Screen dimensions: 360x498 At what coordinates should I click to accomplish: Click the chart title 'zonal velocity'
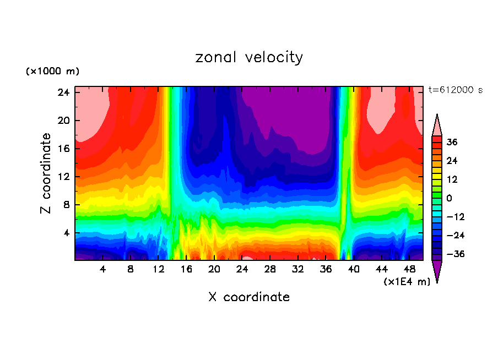coord(249,57)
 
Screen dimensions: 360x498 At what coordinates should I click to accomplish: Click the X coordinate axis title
coord(249,297)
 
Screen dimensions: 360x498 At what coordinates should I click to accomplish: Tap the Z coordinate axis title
coord(46,173)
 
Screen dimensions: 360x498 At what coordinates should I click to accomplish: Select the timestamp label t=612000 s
coord(456,90)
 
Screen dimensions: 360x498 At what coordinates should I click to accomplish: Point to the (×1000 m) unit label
coord(53,72)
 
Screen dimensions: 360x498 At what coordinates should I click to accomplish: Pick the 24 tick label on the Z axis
coord(62,92)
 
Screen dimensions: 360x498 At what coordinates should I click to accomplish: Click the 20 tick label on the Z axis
coord(62,121)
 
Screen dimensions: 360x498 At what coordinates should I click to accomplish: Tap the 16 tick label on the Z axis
coord(62,149)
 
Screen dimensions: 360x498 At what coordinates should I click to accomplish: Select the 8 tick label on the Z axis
coord(64,205)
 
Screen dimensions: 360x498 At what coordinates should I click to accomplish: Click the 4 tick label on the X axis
coord(103,269)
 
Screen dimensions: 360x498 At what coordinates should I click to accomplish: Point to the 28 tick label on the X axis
coord(270,269)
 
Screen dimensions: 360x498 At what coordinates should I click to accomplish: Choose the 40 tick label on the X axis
coord(354,269)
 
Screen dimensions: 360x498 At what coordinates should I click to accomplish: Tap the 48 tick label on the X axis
coord(409,269)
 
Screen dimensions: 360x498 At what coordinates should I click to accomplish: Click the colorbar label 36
coord(452,142)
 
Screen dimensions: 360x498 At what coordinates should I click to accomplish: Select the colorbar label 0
coord(449,198)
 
